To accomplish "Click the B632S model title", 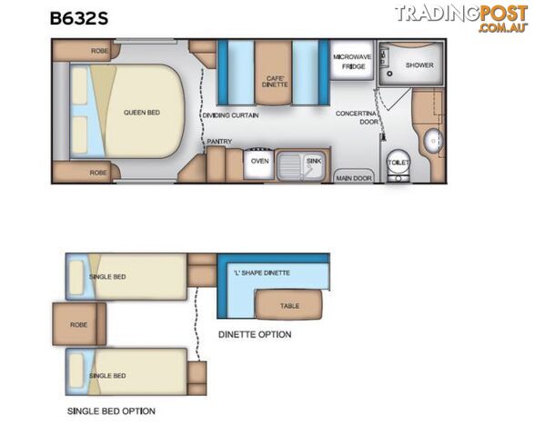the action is (79, 18).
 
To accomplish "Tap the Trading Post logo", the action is (461, 19).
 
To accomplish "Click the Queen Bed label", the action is (142, 113).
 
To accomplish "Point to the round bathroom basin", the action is (433, 141).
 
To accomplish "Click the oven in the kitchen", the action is (259, 163).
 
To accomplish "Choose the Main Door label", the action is (354, 178).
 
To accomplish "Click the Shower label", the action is (419, 65).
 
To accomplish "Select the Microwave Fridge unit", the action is (352, 60).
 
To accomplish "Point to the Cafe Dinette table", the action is (274, 73).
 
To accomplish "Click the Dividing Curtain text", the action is (230, 115).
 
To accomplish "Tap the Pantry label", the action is (219, 142).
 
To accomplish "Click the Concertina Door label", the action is (357, 117).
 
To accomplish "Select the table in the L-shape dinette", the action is (288, 304).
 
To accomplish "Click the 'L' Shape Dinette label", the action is (262, 272).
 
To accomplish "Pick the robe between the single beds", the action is (79, 324).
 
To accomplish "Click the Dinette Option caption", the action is (255, 334).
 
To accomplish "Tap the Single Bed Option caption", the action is (111, 411).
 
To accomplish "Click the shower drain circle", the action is (390, 74).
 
